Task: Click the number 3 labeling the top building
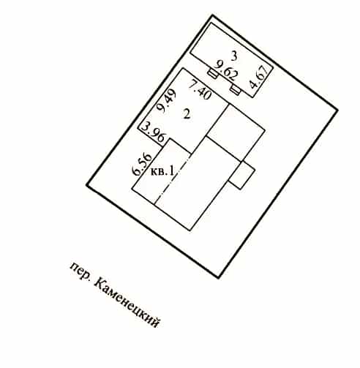pyautogui.click(x=234, y=56)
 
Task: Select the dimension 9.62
pyautogui.click(x=225, y=71)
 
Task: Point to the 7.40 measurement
pyautogui.click(x=200, y=90)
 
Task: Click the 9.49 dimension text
pyautogui.click(x=166, y=100)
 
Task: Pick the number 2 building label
pyautogui.click(x=187, y=113)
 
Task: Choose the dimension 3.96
pyautogui.click(x=154, y=132)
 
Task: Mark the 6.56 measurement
pyautogui.click(x=142, y=164)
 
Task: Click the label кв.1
pyautogui.click(x=162, y=171)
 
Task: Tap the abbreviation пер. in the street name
pyautogui.click(x=80, y=271)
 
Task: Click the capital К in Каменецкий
pyautogui.click(x=100, y=284)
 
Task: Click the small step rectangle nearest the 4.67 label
pyautogui.click(x=236, y=89)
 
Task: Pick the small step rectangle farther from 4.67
pyautogui.click(x=213, y=74)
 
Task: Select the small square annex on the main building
pyautogui.click(x=242, y=175)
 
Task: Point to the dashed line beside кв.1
pyautogui.click(x=173, y=179)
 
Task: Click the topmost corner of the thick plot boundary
pyautogui.click(x=212, y=15)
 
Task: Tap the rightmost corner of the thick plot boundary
pyautogui.click(x=337, y=110)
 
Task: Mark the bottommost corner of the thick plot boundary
pyautogui.click(x=218, y=277)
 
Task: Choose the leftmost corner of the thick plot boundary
pyautogui.click(x=87, y=185)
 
